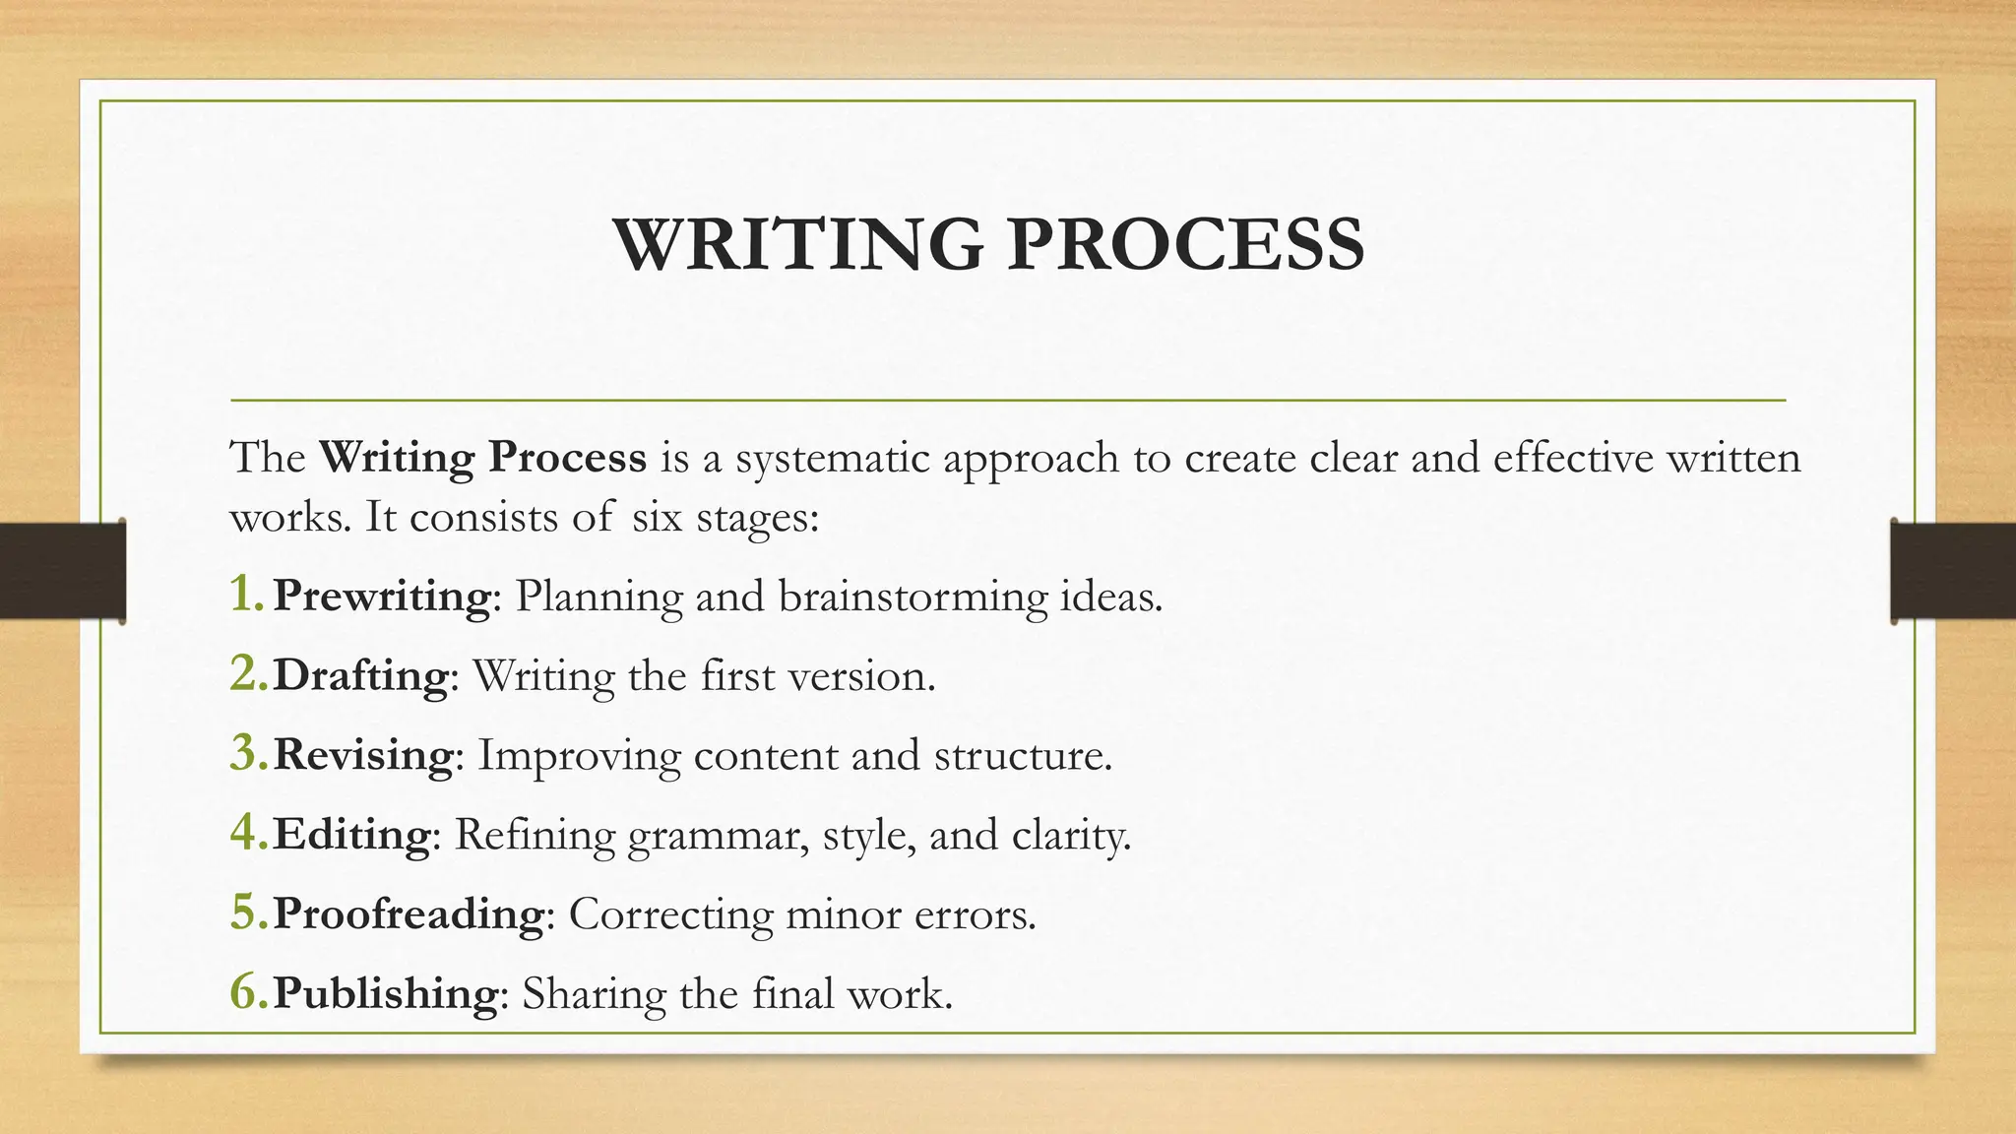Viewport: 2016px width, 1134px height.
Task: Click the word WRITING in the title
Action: pos(797,244)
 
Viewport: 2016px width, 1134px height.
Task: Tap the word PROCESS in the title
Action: pos(1185,244)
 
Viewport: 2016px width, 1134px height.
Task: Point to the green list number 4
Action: pos(246,833)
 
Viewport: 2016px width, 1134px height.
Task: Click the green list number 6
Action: pos(246,991)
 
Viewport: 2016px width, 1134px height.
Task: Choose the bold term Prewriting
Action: pos(381,596)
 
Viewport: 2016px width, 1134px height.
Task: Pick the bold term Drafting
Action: pos(360,675)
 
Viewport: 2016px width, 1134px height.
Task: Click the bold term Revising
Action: pos(362,755)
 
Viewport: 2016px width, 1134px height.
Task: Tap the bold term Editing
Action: pos(351,834)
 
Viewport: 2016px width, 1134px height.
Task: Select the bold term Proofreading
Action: pos(408,913)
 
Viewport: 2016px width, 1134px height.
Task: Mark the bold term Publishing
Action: pos(385,992)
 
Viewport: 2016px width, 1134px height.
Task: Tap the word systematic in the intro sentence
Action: pos(833,458)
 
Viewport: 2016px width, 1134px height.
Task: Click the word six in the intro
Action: pos(657,517)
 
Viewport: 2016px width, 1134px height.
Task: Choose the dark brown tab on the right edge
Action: pos(1953,571)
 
